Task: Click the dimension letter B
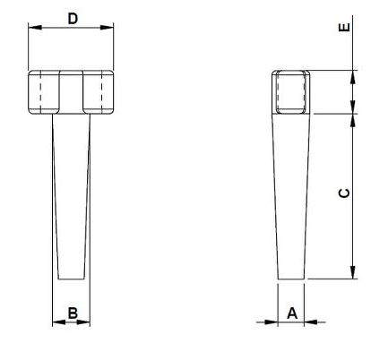coord(73,313)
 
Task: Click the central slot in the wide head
coord(72,92)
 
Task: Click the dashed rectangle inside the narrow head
coord(291,91)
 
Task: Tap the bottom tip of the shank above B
coord(73,279)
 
